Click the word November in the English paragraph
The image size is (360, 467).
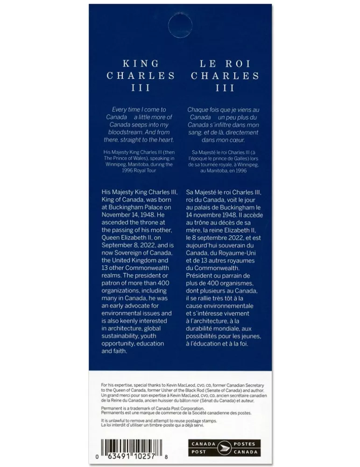pos(117,214)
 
